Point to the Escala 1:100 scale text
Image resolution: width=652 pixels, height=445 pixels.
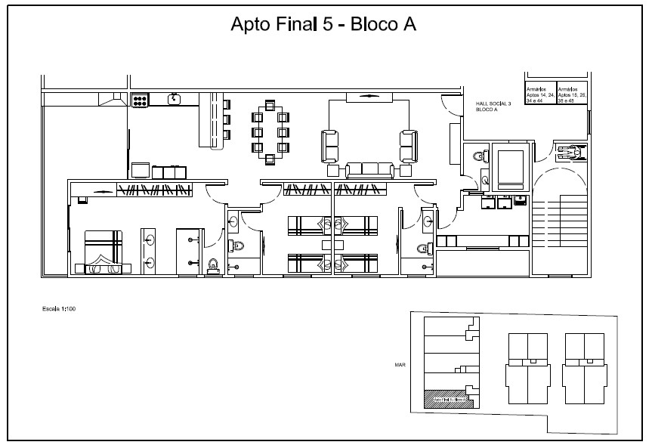click(x=60, y=309)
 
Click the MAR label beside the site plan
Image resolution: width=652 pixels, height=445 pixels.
click(x=400, y=364)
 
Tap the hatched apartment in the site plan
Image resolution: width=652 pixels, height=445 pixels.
click(x=446, y=398)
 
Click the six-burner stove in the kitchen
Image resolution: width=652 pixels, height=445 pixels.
click(x=140, y=99)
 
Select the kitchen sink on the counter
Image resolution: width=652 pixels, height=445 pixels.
click(x=175, y=98)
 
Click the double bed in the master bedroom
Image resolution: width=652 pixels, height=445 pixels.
click(x=103, y=251)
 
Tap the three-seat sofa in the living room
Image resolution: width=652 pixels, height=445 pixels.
click(x=369, y=171)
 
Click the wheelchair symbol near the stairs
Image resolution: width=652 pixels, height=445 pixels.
click(x=570, y=152)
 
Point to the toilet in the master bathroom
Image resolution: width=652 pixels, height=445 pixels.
click(x=213, y=264)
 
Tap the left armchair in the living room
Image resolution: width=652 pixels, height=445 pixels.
click(x=330, y=145)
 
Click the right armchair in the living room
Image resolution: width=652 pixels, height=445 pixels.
click(x=408, y=145)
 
